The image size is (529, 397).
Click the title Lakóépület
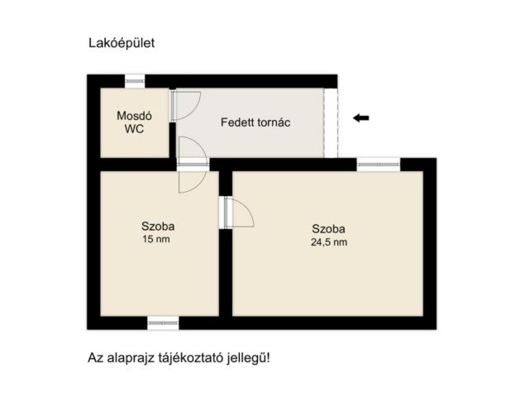pyautogui.click(x=121, y=42)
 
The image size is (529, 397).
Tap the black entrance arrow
pyautogui.click(x=360, y=117)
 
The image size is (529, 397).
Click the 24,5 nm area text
pyautogui.click(x=329, y=242)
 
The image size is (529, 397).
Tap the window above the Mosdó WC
pyautogui.click(x=134, y=80)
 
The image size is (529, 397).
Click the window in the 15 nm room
pyautogui.click(x=163, y=322)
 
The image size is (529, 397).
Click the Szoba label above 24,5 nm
pyautogui.click(x=328, y=229)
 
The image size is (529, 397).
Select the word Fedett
pyautogui.click(x=237, y=122)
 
